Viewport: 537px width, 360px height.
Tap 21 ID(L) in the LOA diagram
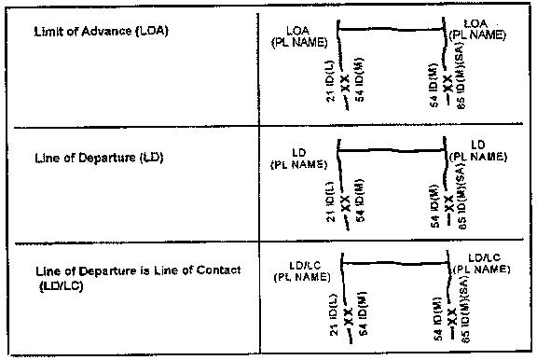coord(333,84)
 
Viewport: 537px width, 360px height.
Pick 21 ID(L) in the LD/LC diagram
coord(333,313)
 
